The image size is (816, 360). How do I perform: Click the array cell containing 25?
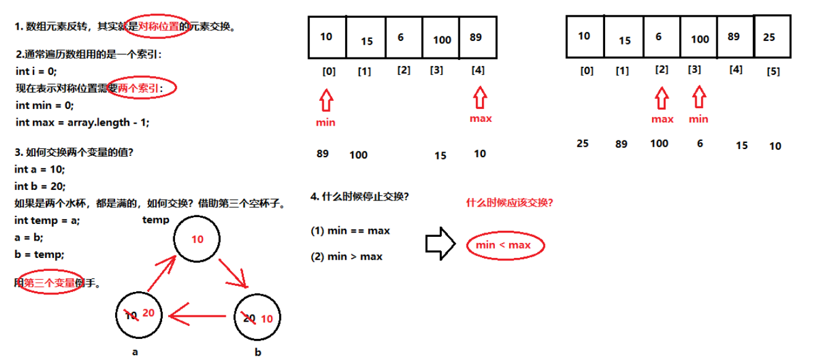pos(769,37)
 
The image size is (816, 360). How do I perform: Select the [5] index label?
pos(773,71)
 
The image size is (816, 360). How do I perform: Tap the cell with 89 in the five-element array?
pos(476,37)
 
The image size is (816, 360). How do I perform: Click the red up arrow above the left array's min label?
pos(326,99)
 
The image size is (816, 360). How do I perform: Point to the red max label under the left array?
pos(480,118)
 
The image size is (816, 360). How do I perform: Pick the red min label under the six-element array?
pos(698,119)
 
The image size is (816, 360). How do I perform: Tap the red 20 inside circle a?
pos(148,313)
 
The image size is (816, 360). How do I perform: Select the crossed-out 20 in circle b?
pos(249,318)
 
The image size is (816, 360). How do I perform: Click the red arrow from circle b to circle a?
pos(192,317)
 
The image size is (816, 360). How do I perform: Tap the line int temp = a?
pos(46,220)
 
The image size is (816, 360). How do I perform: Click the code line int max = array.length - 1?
pos(82,122)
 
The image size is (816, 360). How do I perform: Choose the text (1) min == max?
pos(350,231)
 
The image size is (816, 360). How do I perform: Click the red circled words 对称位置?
pos(158,27)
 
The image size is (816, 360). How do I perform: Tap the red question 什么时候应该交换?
pos(509,202)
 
